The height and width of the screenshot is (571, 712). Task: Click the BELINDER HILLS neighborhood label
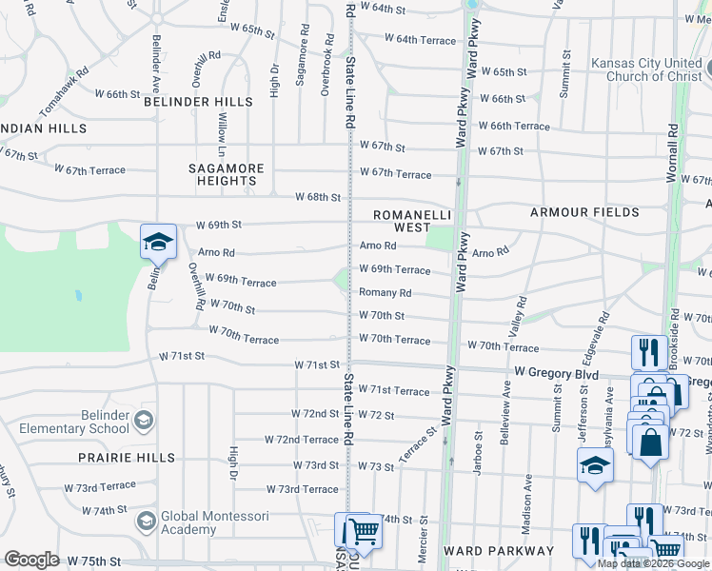click(x=199, y=102)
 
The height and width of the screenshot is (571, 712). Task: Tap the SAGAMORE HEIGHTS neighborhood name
click(x=226, y=174)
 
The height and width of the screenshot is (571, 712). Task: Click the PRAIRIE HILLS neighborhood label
click(x=129, y=458)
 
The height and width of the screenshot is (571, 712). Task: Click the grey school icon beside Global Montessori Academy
click(x=146, y=521)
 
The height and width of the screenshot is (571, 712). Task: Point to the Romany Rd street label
click(x=385, y=293)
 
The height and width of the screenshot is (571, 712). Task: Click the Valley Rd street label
click(x=520, y=314)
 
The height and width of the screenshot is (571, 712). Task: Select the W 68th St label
click(x=317, y=197)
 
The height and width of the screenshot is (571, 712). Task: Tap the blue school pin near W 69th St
click(x=158, y=242)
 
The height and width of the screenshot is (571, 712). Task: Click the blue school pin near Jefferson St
click(x=595, y=465)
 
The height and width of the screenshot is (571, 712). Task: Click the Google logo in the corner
click(x=31, y=560)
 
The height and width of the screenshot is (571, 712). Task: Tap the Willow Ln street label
click(x=222, y=133)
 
